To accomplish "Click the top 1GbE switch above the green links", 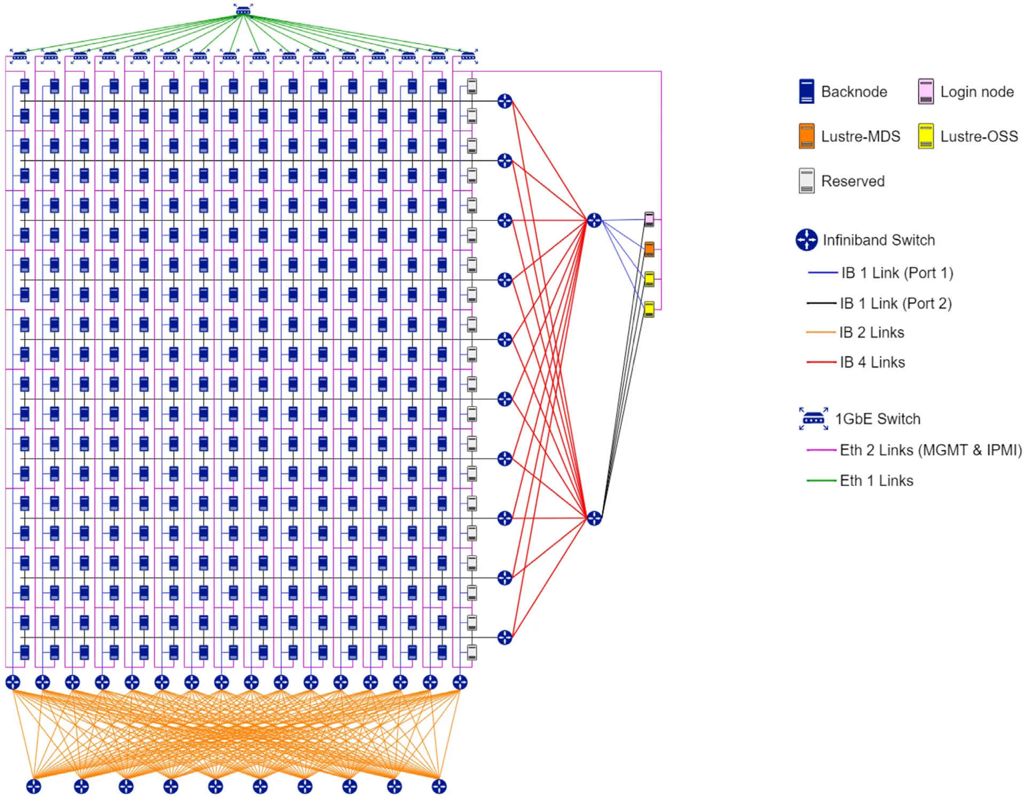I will (x=243, y=10).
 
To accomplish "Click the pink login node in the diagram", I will (x=649, y=219).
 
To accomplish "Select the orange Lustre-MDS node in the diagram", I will (x=649, y=249).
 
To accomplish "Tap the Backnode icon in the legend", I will (x=806, y=91).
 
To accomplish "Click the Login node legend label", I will (x=976, y=92).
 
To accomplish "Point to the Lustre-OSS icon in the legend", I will (x=926, y=136).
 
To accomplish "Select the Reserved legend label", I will (x=853, y=181).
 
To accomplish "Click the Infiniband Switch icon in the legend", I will (x=806, y=240).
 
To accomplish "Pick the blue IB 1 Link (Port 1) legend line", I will (x=822, y=273).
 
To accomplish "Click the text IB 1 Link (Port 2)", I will (x=895, y=304).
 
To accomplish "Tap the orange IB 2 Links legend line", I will (x=821, y=332).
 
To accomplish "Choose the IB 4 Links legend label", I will (x=872, y=362).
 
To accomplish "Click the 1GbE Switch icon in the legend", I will (x=813, y=419).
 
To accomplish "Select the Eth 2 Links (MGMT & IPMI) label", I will (x=931, y=450).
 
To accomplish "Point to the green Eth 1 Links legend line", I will (x=821, y=481).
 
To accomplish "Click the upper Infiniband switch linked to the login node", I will (x=594, y=220).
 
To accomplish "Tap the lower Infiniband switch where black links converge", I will (x=594, y=517).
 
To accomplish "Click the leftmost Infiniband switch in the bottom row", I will (x=34, y=786).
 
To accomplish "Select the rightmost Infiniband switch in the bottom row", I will (x=439, y=786).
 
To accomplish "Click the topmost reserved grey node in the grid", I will (x=472, y=86).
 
